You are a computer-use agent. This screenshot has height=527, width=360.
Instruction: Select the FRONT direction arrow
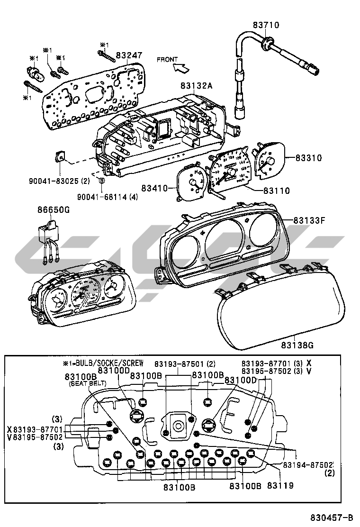pos(180,68)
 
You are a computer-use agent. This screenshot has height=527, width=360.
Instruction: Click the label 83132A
pos(196,86)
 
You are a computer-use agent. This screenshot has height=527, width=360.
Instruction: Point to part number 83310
pos(308,158)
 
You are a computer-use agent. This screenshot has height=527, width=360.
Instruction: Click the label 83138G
pos(297,345)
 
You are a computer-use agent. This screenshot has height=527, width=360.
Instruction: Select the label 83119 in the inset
pos(280,485)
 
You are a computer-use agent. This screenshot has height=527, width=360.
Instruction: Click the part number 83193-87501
pos(178,363)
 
